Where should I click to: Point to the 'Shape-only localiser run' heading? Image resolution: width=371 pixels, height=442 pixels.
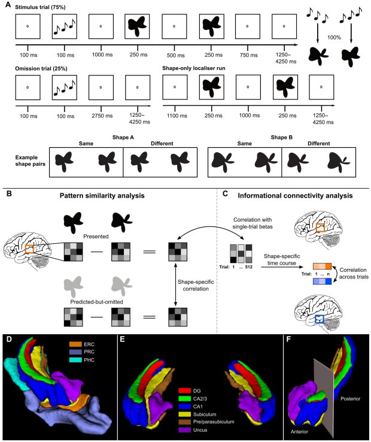point(194,68)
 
